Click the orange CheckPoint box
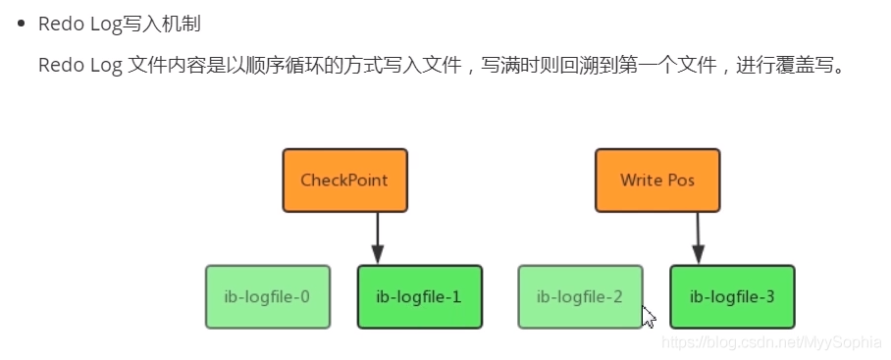(344, 180)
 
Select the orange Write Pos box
(657, 180)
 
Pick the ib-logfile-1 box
(419, 296)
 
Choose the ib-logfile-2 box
(580, 296)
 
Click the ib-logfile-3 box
(731, 296)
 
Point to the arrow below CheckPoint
(377, 238)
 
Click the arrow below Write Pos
(698, 238)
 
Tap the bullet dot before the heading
(20, 25)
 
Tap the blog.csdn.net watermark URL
(771, 343)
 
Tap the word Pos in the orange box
(680, 180)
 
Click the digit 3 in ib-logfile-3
(769, 296)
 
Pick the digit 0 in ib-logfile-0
(304, 296)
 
